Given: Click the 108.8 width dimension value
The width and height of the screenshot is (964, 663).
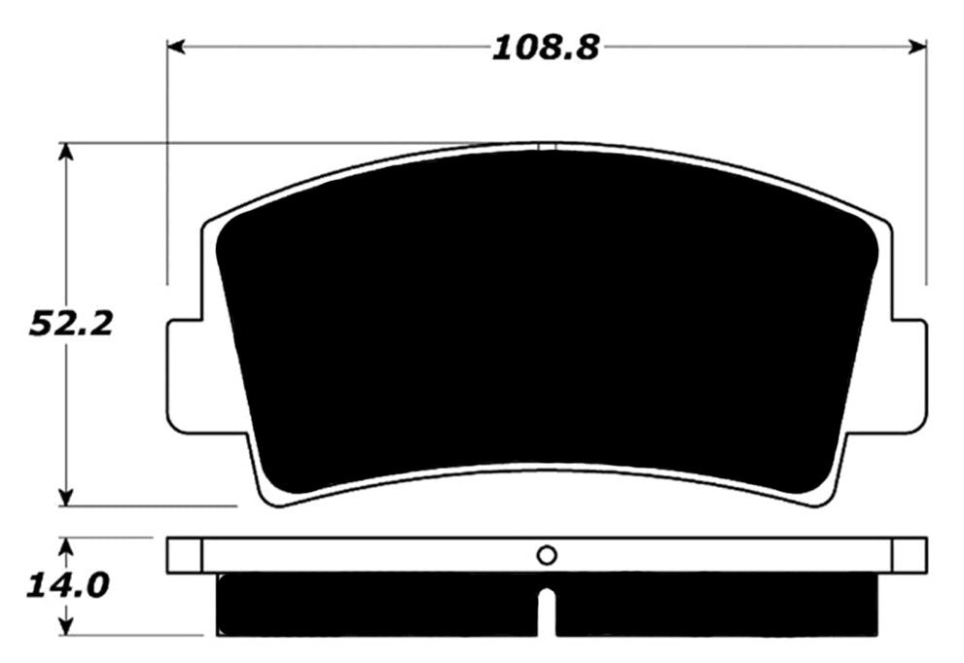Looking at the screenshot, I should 545,46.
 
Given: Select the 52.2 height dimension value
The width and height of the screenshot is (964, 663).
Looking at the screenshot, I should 70,324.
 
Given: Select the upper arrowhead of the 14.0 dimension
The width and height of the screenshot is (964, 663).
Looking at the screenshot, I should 65,545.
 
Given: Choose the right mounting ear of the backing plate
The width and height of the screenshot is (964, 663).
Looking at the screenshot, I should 908,376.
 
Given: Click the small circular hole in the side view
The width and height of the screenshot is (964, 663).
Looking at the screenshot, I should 547,555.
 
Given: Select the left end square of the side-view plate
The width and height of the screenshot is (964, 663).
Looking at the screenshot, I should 184,555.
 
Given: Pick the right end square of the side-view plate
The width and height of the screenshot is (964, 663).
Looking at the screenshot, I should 910,555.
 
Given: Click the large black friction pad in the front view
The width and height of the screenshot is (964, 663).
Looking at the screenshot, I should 545,321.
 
